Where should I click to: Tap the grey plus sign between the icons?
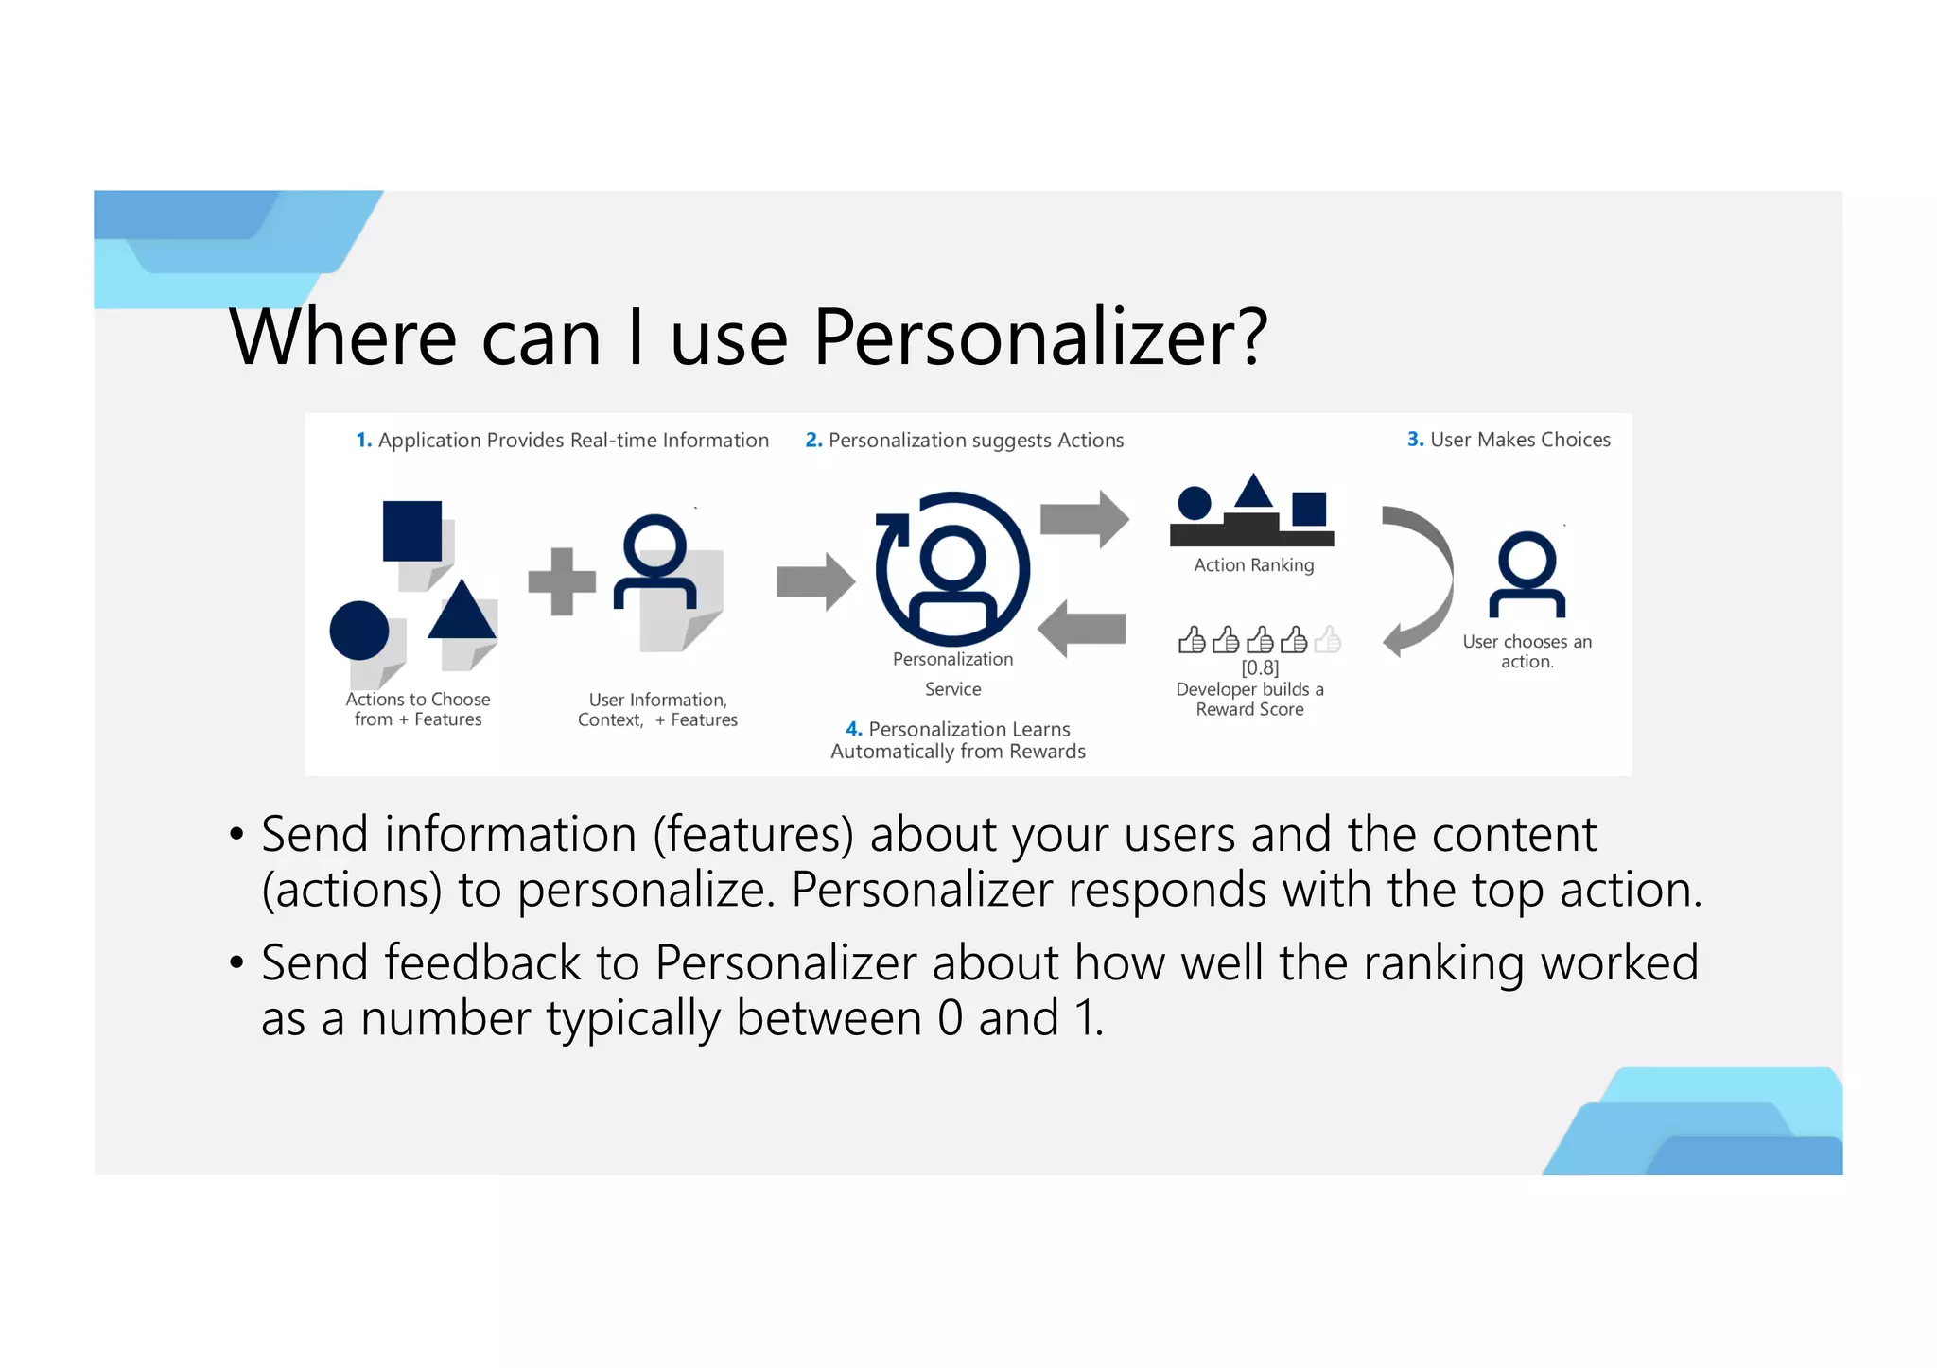click(562, 581)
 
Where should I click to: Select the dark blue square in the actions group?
click(412, 530)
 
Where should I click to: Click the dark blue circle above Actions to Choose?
click(359, 631)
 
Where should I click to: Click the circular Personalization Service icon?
click(953, 569)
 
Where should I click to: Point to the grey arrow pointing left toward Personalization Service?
click(1082, 629)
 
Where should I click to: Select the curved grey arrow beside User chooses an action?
click(1419, 580)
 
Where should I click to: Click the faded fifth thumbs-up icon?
click(1328, 640)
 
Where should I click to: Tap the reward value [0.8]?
click(1260, 667)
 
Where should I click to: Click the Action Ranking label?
click(1254, 565)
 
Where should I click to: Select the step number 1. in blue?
click(363, 441)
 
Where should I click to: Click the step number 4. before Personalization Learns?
click(853, 729)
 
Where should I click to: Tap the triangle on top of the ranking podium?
click(1254, 492)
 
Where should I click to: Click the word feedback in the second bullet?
click(481, 962)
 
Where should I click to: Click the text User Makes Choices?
click(1520, 440)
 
